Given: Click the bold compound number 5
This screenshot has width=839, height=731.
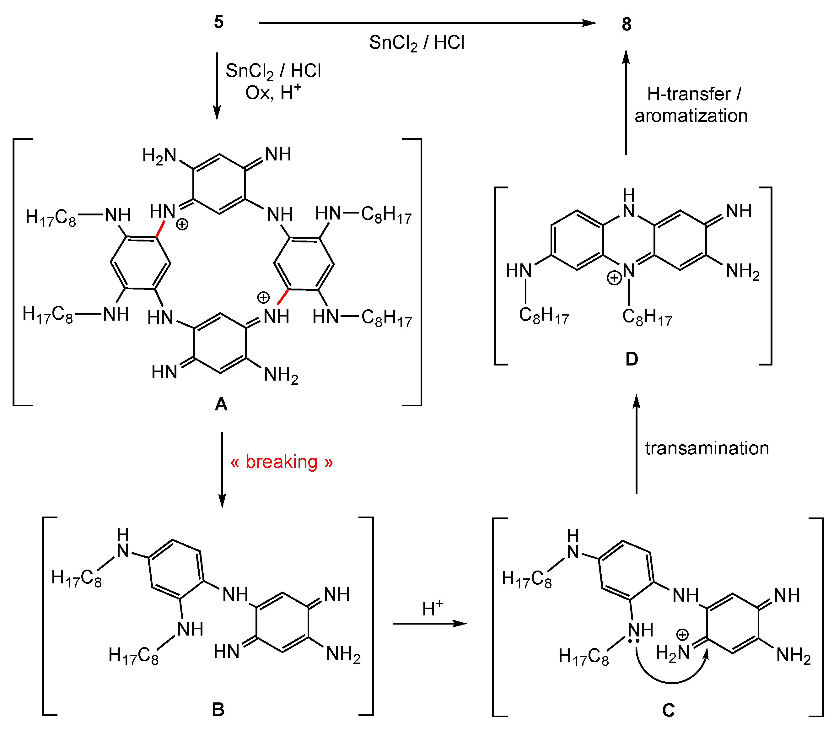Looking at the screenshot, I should click(x=218, y=22).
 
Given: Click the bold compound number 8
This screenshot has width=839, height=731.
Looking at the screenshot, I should click(x=627, y=24).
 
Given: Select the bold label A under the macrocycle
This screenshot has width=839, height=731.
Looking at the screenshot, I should click(x=221, y=404).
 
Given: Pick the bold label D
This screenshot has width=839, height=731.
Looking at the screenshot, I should click(x=632, y=359).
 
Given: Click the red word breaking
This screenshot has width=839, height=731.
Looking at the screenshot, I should click(x=281, y=462).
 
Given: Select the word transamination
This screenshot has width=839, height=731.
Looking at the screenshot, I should click(x=707, y=448).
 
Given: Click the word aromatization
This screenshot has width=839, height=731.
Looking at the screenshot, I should click(x=691, y=116).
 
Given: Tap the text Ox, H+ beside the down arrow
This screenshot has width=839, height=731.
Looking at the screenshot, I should click(x=273, y=92).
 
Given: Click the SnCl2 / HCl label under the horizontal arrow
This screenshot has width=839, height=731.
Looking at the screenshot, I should click(x=416, y=43).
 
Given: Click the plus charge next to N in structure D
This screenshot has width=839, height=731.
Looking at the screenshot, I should click(x=614, y=278).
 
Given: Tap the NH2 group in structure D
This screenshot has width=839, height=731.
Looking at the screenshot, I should click(x=743, y=271).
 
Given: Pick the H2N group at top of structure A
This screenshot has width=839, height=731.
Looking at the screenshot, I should click(x=159, y=155).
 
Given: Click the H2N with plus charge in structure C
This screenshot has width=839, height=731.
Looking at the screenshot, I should click(x=673, y=653).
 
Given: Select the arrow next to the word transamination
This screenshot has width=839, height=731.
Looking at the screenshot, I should click(x=636, y=445).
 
